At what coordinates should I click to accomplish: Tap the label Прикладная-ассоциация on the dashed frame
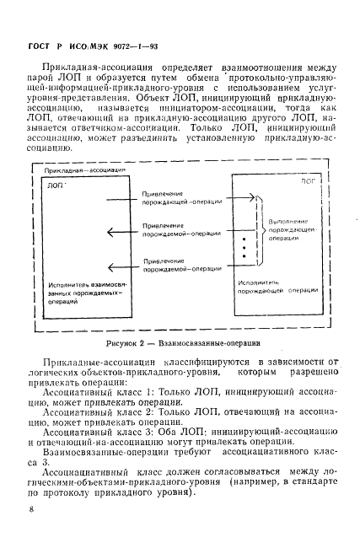(87, 172)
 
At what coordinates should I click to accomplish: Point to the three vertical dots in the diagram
(244, 250)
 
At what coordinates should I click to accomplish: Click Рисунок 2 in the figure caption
(129, 343)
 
